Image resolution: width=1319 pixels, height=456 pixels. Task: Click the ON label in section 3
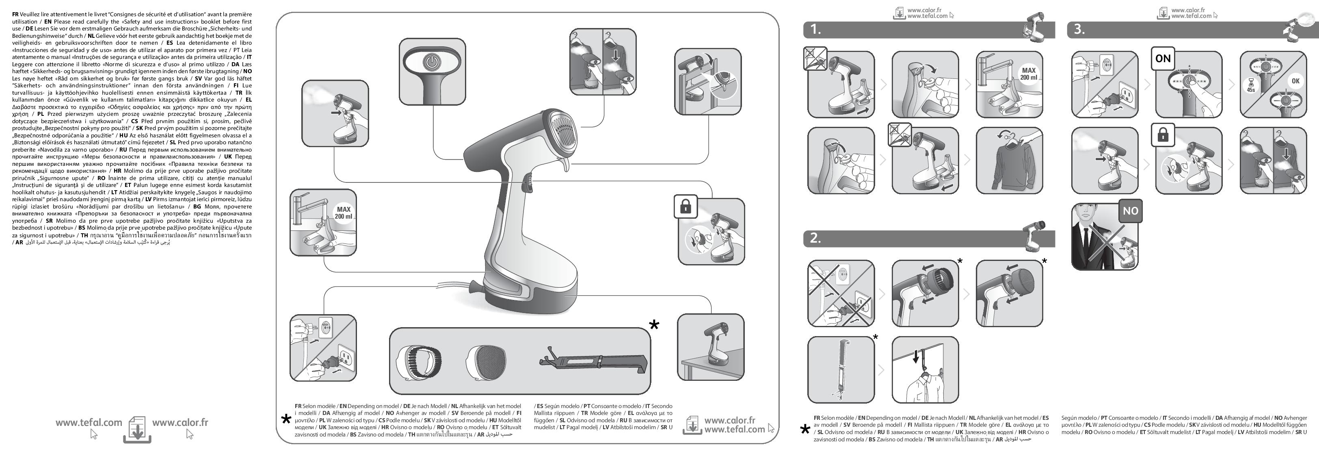1163,59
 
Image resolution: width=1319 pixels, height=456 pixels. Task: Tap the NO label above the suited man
1130,211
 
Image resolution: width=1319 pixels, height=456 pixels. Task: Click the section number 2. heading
815,238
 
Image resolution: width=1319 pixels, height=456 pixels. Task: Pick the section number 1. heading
815,29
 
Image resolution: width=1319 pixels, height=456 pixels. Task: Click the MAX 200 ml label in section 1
1028,74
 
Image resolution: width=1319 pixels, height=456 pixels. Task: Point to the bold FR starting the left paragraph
15,14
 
